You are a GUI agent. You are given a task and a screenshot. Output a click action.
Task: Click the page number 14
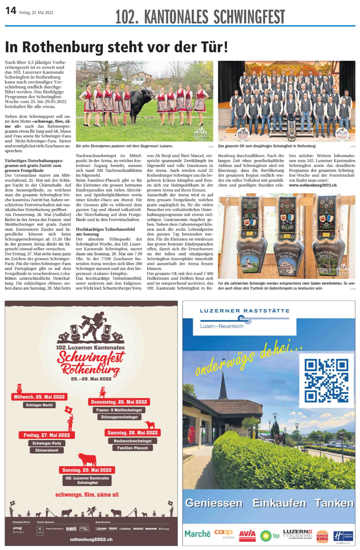pyautogui.click(x=11, y=11)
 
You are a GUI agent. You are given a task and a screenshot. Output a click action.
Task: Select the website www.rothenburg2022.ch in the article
pyautogui.click(x=313, y=185)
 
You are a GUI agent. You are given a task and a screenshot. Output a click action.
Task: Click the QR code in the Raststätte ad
pyautogui.click(x=326, y=380)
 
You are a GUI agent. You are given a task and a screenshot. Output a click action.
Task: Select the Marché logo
pyautogui.click(x=197, y=534)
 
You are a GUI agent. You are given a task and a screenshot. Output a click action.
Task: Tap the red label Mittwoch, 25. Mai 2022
pyautogui.click(x=39, y=397)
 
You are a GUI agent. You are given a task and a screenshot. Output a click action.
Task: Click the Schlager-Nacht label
pyautogui.click(x=39, y=405)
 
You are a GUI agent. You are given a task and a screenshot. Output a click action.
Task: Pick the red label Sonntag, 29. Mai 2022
pyautogui.click(x=87, y=470)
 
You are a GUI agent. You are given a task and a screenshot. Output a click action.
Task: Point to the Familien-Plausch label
pyautogui.click(x=132, y=448)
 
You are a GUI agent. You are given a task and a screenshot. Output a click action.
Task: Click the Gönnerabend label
pyautogui.click(x=46, y=450)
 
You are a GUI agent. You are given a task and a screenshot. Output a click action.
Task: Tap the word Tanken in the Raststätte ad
pyautogui.click(x=334, y=503)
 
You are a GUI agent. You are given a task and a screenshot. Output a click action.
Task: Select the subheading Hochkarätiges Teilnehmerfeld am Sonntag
pyautogui.click(x=105, y=231)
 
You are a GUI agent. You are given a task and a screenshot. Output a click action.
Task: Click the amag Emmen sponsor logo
pyautogui.click(x=18, y=530)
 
